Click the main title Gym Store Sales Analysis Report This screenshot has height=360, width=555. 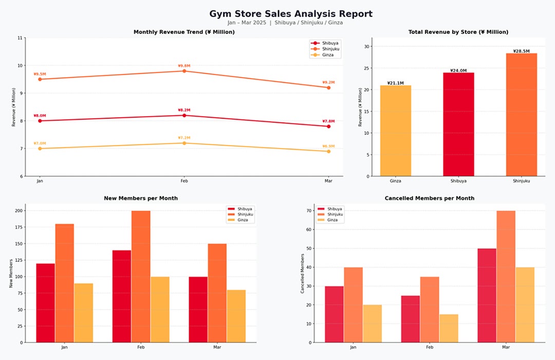[x=290, y=14]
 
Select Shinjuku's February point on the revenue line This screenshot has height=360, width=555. [x=184, y=71]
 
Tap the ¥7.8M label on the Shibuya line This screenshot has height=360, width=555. [x=328, y=121]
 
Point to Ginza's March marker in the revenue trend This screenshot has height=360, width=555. [x=328, y=151]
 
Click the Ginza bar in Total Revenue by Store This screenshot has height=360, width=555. [x=395, y=131]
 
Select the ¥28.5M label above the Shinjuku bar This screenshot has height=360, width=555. [x=522, y=51]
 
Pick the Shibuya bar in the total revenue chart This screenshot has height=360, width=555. [x=458, y=124]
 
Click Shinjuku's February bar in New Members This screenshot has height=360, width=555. [x=141, y=277]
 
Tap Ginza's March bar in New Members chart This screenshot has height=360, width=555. [x=236, y=316]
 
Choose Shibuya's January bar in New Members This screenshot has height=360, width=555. [x=45, y=303]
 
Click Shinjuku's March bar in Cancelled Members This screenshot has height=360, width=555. [x=506, y=277]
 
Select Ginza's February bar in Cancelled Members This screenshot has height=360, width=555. [x=449, y=329]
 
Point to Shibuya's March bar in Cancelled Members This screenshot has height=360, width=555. [x=487, y=296]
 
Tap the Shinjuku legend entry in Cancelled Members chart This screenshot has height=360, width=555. [x=330, y=214]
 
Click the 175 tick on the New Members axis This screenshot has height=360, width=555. [x=19, y=227]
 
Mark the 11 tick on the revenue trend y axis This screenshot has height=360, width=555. [x=20, y=38]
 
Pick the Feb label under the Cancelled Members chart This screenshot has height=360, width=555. [x=429, y=347]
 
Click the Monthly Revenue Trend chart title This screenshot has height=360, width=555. [x=184, y=32]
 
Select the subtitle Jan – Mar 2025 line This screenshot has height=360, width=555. [x=285, y=23]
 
